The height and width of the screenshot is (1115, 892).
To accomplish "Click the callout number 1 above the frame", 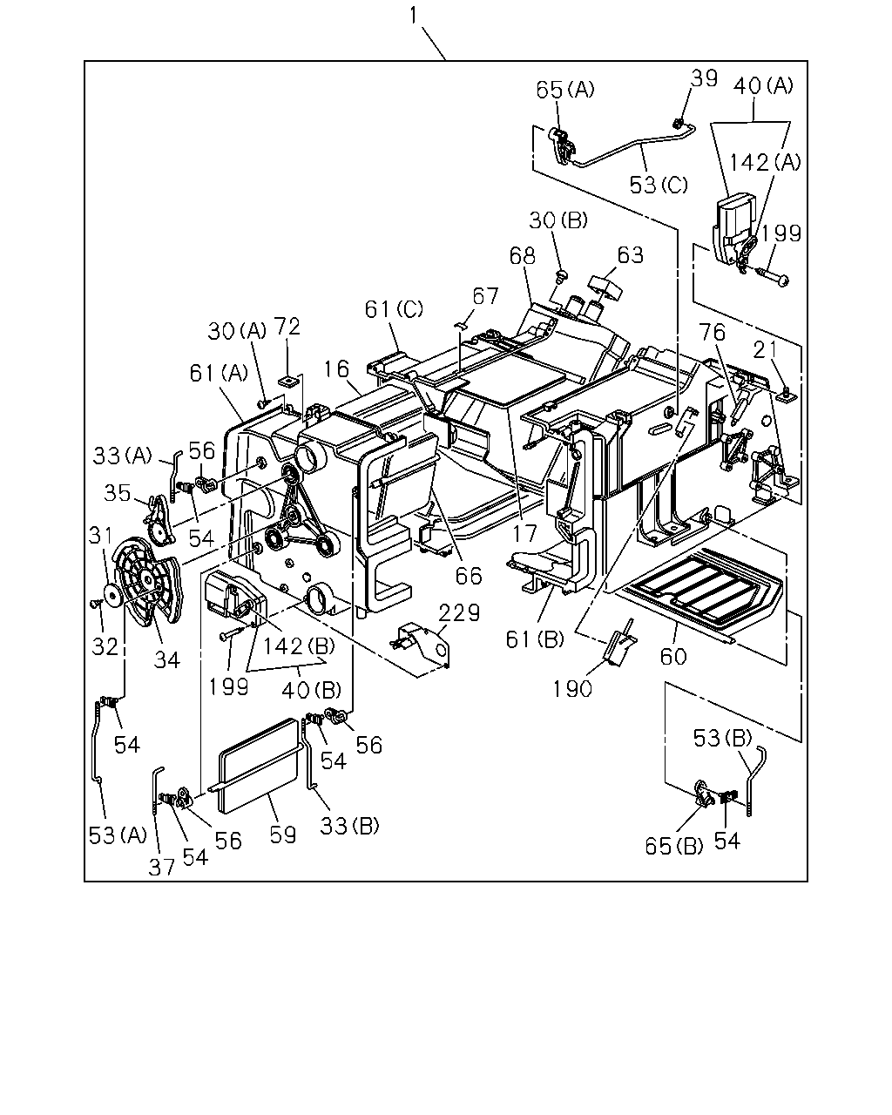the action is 413,16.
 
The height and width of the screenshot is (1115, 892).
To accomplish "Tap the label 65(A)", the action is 565,90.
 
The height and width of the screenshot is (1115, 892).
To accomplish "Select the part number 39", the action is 705,78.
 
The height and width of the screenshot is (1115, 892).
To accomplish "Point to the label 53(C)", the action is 659,185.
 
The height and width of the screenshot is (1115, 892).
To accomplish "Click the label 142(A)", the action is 765,163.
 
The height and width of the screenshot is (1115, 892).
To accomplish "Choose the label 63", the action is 631,255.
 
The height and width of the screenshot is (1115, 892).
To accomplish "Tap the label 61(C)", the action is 394,309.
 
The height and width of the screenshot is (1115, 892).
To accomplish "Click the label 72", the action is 287,327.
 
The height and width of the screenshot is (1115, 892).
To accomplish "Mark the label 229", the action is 459,613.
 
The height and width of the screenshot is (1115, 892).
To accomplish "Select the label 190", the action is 572,689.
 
